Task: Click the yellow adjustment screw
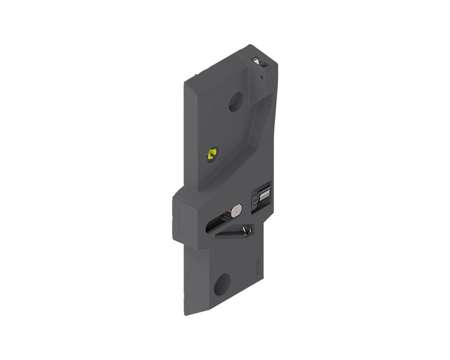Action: point(212,153)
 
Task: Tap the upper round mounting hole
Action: point(236,101)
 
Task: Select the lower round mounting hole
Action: point(222,284)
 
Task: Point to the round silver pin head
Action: point(236,210)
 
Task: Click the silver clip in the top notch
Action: point(256,60)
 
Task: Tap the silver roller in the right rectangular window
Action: point(265,194)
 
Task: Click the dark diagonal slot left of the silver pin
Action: point(217,223)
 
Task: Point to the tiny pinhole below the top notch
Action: point(261,76)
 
